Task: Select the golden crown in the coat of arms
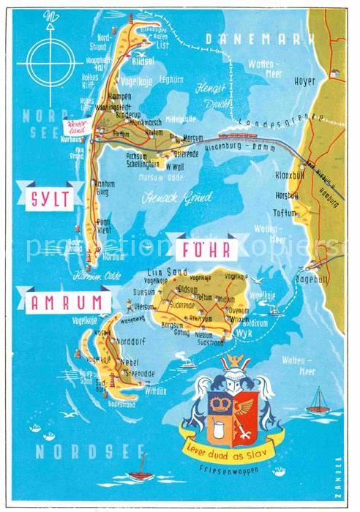pyautogui.click(x=219, y=403)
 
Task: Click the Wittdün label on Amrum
pyautogui.click(x=157, y=391)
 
